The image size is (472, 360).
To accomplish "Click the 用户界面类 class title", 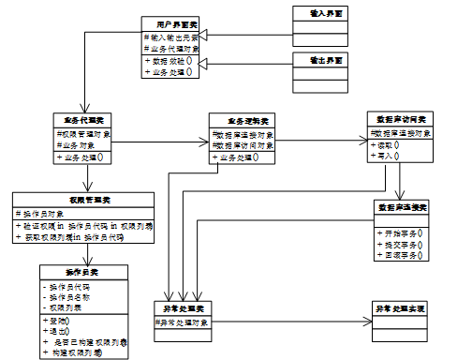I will pyautogui.click(x=169, y=22).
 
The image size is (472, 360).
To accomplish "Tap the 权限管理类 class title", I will pyautogui.click(x=82, y=201).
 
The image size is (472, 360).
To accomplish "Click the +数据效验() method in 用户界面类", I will pyautogui.click(x=169, y=61).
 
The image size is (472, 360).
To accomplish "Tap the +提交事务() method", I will pyautogui.click(x=399, y=243).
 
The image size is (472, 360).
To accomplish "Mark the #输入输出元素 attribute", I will pyautogui.click(x=169, y=36).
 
